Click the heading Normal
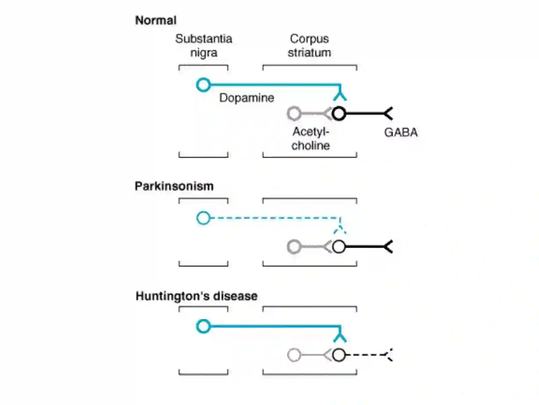[156, 20]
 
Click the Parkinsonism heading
[174, 186]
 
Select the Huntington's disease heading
[196, 296]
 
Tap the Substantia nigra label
[203, 46]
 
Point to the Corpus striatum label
[309, 46]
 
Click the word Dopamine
[247, 98]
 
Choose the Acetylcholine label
[311, 139]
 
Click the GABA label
[401, 132]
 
